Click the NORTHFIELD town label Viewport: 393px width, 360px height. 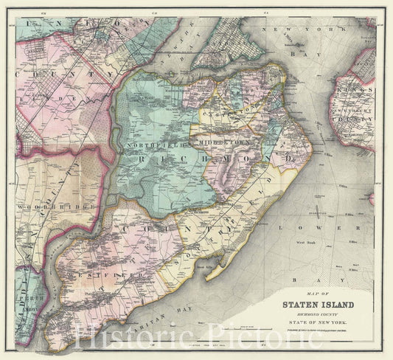(x=152, y=145)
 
